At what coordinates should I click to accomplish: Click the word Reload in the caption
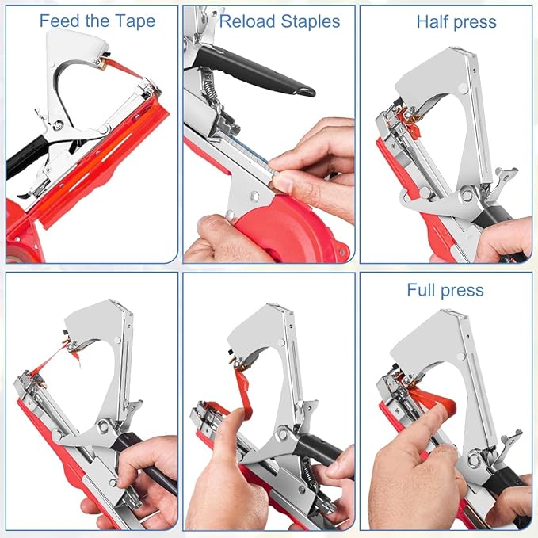(x=247, y=21)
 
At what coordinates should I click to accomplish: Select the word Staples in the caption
(x=311, y=21)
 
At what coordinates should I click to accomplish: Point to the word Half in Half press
(x=434, y=21)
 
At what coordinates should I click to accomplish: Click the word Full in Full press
(x=423, y=290)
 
